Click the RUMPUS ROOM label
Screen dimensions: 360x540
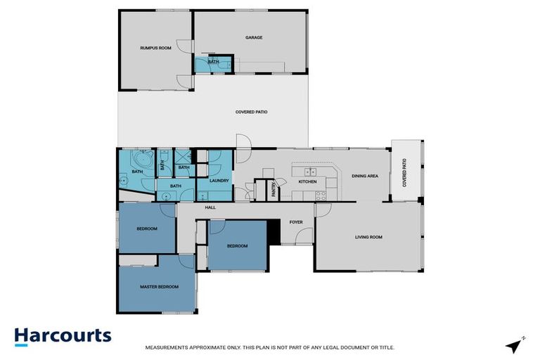tap(155, 48)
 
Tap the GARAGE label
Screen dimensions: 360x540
tap(254, 37)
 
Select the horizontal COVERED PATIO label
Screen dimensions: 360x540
tap(251, 112)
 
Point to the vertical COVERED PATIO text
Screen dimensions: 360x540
tap(405, 172)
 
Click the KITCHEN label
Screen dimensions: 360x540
tap(307, 181)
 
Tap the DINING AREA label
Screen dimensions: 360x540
tap(365, 176)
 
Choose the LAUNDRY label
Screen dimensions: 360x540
tap(219, 181)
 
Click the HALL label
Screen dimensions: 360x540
tap(210, 207)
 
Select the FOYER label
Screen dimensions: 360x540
tap(296, 222)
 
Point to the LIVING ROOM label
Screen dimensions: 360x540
tap(368, 237)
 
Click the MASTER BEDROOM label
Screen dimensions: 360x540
tap(159, 286)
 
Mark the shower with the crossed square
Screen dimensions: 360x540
tap(184, 157)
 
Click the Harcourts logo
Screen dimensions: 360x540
tap(63, 335)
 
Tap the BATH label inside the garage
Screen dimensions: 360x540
tap(213, 62)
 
